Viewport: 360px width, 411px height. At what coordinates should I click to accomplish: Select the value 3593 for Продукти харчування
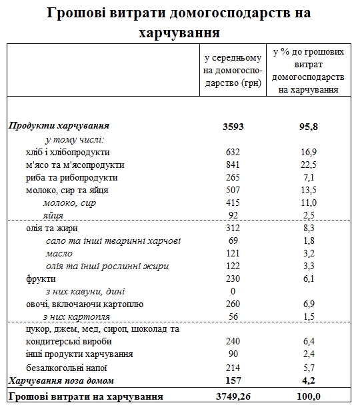233,126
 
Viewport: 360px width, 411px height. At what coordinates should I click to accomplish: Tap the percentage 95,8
309,126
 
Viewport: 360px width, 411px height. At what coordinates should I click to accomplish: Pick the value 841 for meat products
233,165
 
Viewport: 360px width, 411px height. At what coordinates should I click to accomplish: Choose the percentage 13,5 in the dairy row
309,190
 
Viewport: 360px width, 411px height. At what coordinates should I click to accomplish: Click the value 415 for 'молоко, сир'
233,203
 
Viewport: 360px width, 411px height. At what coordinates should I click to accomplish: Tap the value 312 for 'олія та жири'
233,228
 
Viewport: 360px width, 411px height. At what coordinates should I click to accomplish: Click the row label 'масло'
59,254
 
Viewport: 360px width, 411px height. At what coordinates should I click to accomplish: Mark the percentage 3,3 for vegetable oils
309,266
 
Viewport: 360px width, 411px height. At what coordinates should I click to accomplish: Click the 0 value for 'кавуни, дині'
233,292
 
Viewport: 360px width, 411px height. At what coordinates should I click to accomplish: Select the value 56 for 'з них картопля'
233,317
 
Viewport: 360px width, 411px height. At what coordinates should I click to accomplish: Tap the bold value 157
233,380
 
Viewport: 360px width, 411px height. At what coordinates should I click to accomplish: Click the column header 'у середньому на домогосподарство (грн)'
233,70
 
